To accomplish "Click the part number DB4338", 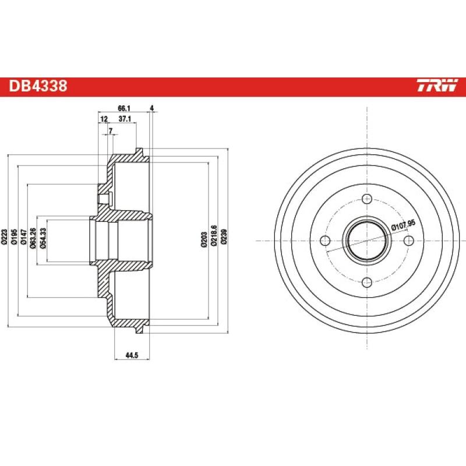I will tap(38, 87).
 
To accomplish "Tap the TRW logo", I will tap(437, 87).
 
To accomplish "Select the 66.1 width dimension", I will tap(123, 108).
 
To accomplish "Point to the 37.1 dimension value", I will tap(125, 119).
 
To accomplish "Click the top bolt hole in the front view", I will tap(366, 199).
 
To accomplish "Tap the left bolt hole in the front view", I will tap(325, 241).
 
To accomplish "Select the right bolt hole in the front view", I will tap(408, 241).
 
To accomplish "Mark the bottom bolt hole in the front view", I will tap(366, 283).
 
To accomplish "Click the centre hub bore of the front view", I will tap(366, 241).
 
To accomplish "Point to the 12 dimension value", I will tap(104, 119).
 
